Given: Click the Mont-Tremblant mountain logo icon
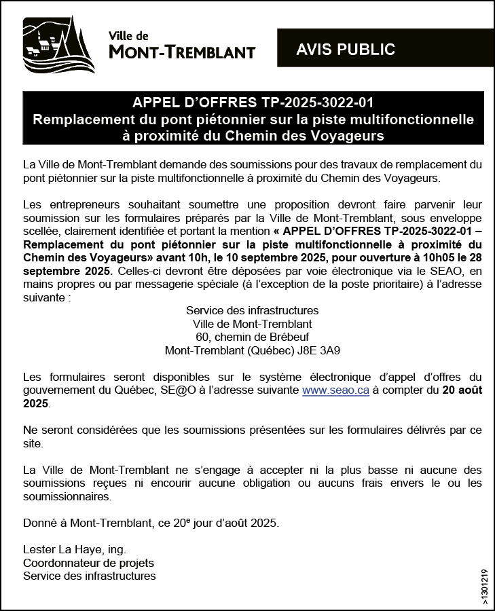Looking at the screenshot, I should pyautogui.click(x=58, y=45).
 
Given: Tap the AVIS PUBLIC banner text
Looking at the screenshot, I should pyautogui.click(x=346, y=50).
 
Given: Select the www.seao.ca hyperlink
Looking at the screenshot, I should pyautogui.click(x=335, y=390).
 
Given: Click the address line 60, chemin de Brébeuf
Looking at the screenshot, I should pyautogui.click(x=253, y=337).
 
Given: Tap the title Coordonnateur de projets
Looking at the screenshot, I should pyautogui.click(x=88, y=563).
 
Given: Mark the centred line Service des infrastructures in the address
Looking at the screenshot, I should pyautogui.click(x=253, y=310).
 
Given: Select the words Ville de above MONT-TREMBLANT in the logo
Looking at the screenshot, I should pyautogui.click(x=128, y=36).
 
